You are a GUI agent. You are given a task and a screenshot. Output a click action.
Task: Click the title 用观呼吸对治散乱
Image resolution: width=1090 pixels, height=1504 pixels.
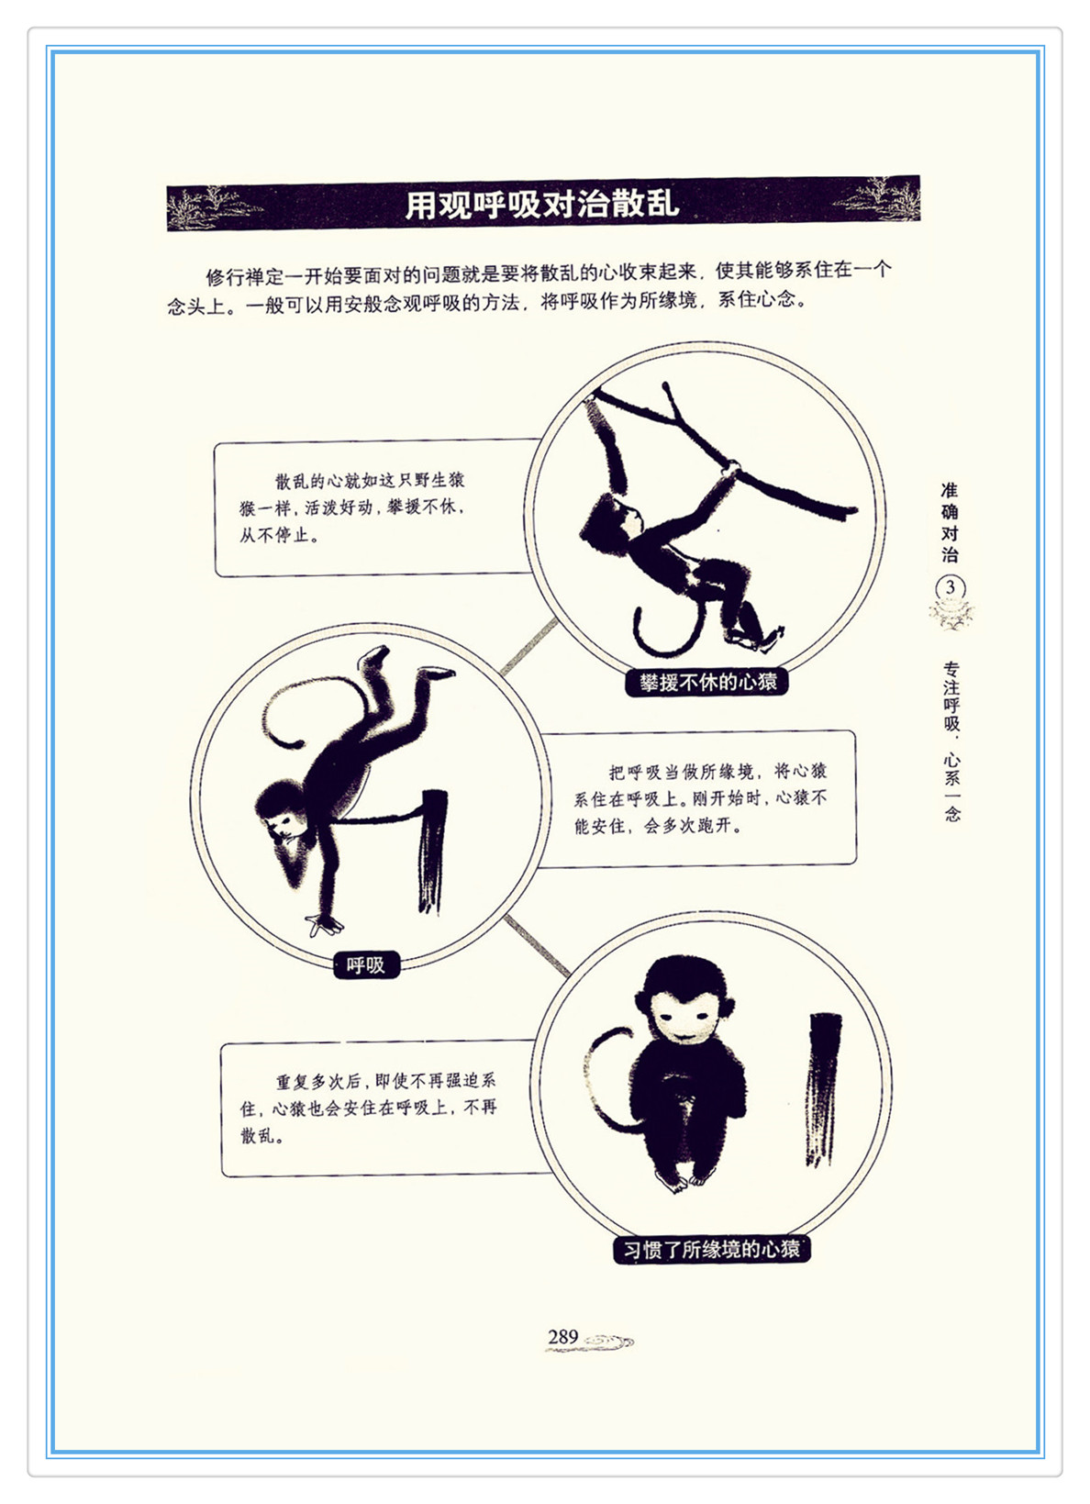point(542,204)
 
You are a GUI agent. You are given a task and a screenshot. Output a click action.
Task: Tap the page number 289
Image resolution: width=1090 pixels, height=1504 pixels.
point(562,1337)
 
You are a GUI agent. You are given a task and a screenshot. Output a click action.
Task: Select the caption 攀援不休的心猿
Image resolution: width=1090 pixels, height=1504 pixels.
point(707,682)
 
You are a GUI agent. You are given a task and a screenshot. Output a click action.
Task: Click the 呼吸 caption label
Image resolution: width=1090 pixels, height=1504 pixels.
point(366,964)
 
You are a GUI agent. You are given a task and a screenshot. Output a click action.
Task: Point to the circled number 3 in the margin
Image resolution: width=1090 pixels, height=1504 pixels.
point(950,587)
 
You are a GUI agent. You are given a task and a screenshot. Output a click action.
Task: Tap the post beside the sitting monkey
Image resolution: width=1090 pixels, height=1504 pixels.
point(823,1089)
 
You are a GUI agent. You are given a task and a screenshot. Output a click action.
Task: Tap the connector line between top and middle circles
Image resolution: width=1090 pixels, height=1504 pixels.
point(529,647)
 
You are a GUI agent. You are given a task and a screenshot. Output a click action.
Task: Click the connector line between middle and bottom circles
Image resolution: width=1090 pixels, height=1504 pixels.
point(537,944)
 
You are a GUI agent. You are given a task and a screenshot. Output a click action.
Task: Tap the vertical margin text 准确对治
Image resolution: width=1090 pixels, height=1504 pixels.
point(949,523)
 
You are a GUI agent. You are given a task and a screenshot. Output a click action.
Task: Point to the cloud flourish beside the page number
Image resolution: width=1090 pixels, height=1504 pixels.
point(607,1342)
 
